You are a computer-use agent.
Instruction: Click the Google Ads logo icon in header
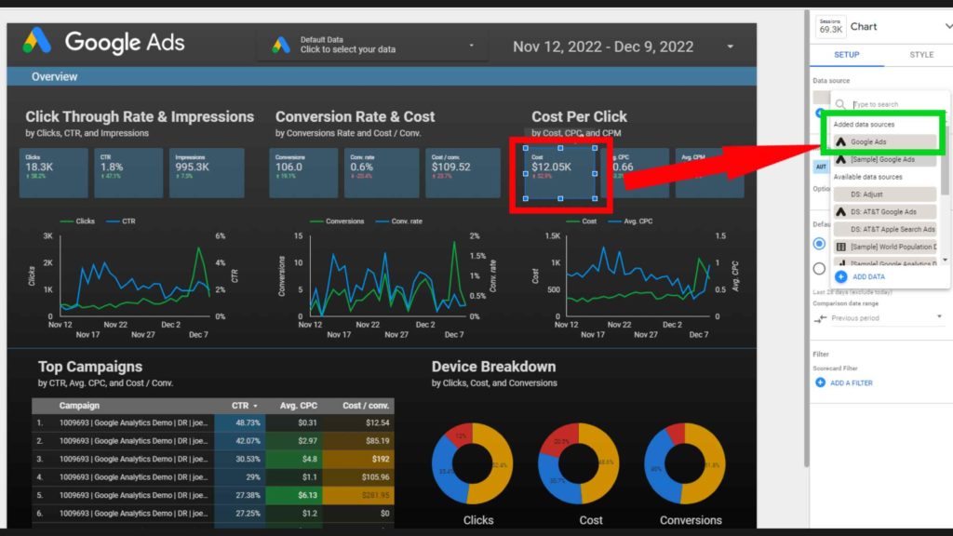pos(38,42)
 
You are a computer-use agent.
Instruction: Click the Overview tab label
pos(54,76)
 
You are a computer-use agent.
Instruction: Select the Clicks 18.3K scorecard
pos(53,171)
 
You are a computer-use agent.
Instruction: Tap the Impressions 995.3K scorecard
pos(208,171)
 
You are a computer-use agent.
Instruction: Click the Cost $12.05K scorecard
pos(559,171)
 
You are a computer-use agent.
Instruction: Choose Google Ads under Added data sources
pos(881,142)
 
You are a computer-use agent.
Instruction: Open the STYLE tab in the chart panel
pos(921,55)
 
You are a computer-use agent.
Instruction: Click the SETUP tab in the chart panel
pos(846,55)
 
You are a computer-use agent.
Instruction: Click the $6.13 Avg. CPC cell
pos(296,494)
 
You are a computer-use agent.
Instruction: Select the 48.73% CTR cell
pos(240,423)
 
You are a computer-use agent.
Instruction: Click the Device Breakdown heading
pos(493,367)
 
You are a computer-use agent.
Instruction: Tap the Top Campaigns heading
pos(90,367)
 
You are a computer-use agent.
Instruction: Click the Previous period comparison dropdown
pos(879,318)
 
